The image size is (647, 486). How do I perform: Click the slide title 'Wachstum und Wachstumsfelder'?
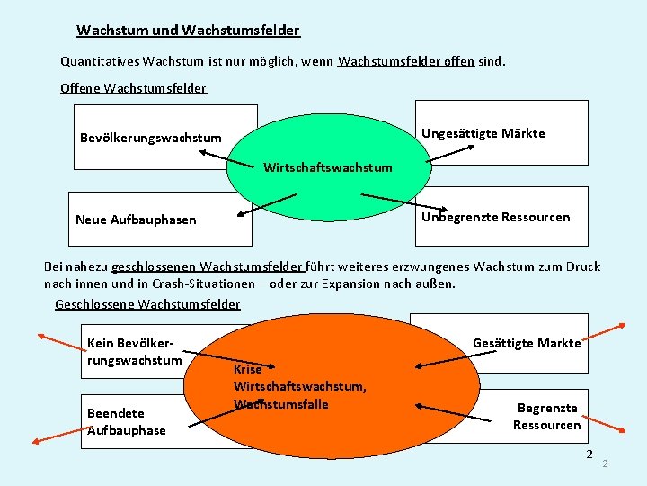coord(188,31)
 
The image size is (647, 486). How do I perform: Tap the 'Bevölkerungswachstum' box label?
coord(150,138)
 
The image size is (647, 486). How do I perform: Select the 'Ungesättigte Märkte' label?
coord(483,133)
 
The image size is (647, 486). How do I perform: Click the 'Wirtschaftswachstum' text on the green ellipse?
coord(327,167)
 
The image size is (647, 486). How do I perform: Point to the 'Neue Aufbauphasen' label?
coord(136,220)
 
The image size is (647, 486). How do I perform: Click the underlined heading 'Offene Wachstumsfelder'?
coord(133,88)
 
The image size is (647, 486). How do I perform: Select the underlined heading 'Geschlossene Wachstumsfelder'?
coord(147,304)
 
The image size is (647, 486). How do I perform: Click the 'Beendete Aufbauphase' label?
coord(126,422)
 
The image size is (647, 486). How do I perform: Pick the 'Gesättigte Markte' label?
coord(527,343)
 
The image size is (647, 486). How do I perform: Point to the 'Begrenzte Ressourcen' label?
coord(547,417)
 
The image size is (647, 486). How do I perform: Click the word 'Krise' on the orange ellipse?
coord(247,369)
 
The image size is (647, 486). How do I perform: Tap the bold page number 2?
coord(589,454)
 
